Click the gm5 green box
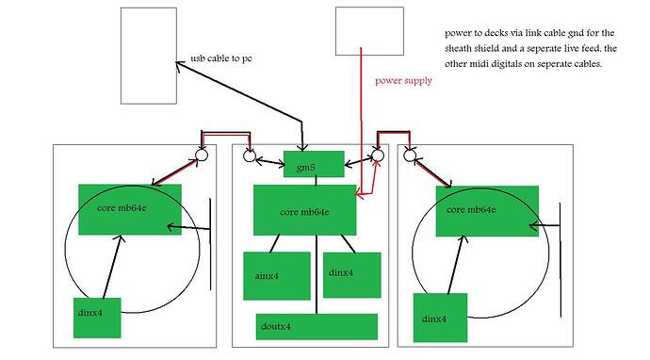(x=314, y=164)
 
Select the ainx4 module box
(x=277, y=276)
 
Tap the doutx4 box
(x=317, y=327)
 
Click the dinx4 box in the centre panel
(x=352, y=275)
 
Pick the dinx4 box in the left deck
(x=97, y=318)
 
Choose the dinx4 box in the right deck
(x=440, y=318)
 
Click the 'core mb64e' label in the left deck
(x=122, y=207)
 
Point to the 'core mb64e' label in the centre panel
(x=304, y=212)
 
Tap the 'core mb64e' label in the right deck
(x=471, y=209)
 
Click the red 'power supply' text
(x=403, y=80)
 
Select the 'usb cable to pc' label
(x=221, y=58)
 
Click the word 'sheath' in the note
(x=459, y=48)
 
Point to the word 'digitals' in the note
(x=519, y=64)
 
